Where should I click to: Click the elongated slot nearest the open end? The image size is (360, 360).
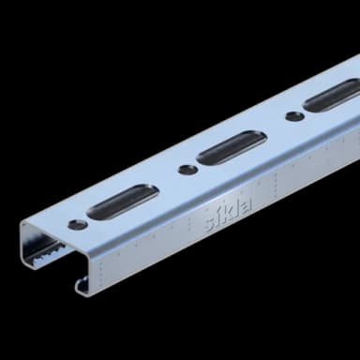point(122,201)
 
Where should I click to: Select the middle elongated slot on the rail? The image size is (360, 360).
point(231,146)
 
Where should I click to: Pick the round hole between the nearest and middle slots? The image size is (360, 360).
point(187,170)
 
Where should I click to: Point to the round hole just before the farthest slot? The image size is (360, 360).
point(294,116)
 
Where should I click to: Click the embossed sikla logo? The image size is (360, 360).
point(228,212)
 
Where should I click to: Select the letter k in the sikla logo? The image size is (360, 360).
point(229,211)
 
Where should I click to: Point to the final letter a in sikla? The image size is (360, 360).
point(245,203)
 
